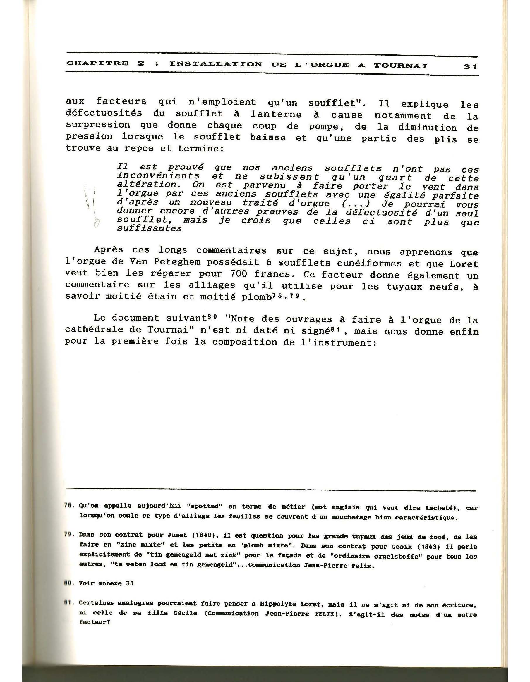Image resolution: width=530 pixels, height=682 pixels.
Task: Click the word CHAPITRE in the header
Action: pyautogui.click(x=97, y=63)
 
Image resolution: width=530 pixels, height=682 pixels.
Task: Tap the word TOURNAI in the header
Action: pyautogui.click(x=400, y=66)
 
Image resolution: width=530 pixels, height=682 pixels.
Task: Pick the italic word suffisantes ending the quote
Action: pyautogui.click(x=149, y=229)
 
